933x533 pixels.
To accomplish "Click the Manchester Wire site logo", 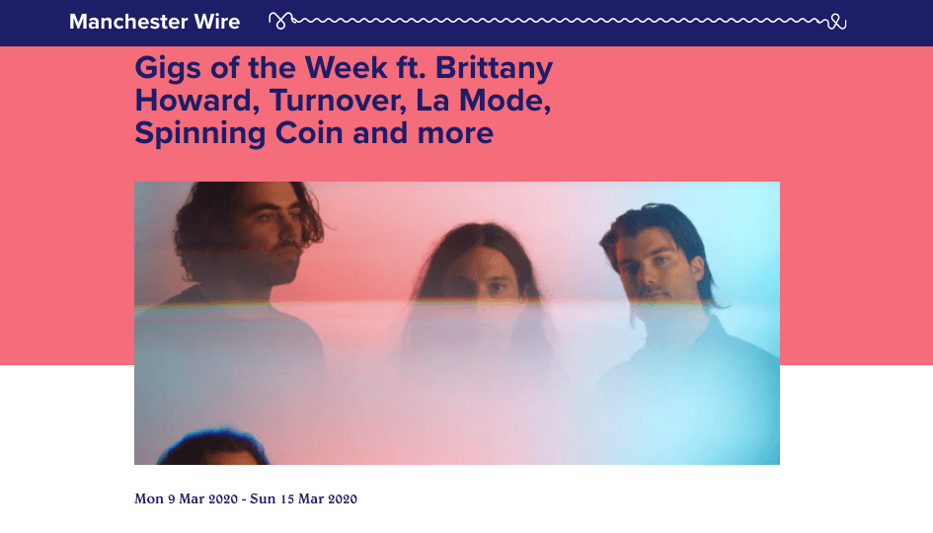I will point(154,22).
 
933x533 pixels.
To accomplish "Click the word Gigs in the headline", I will point(165,69).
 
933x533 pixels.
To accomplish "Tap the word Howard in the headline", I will point(187,101).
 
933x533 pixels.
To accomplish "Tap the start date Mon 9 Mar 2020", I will point(186,498).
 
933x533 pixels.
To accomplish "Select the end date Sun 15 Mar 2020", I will point(303,498).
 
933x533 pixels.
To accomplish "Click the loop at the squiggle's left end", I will point(281,19).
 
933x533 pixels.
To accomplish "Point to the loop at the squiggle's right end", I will point(837,22).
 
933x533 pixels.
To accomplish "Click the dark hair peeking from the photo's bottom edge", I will point(211,449).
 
